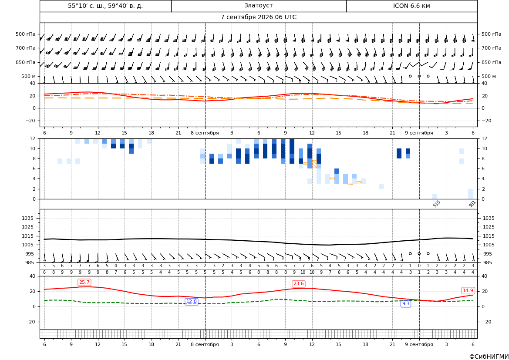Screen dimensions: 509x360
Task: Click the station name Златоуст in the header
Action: (258, 6)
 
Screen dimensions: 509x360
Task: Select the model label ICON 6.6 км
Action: (411, 6)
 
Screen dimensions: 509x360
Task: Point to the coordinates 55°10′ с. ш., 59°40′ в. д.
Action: (105, 6)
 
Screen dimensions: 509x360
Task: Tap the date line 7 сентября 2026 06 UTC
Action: (258, 17)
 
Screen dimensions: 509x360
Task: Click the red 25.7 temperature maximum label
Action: (84, 282)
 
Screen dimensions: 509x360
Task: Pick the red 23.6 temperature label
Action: (298, 284)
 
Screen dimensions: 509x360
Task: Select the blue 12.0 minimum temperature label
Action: (191, 302)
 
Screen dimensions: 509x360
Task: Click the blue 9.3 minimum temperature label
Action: (406, 303)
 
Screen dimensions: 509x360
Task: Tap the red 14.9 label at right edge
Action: (468, 290)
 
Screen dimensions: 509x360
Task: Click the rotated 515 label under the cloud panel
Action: (437, 204)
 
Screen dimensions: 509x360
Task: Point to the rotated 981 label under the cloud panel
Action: (472, 204)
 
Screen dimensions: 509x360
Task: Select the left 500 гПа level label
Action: (25, 34)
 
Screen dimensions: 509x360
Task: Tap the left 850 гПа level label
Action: (25, 62)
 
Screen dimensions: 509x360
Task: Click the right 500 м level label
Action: (489, 76)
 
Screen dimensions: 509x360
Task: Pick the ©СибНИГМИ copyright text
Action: (489, 357)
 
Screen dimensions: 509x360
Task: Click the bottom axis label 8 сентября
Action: (205, 344)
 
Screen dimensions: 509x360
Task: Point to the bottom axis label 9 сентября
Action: (419, 344)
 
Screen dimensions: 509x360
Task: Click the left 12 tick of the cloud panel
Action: (33, 138)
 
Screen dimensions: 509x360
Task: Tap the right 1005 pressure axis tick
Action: (489, 245)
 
